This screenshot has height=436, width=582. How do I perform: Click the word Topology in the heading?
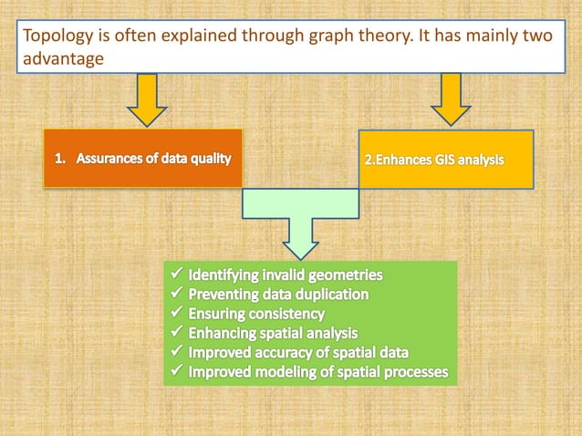[57, 38]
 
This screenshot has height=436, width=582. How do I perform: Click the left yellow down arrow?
[147, 99]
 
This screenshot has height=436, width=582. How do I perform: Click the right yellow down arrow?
[451, 99]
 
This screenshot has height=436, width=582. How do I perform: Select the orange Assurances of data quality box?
[142, 158]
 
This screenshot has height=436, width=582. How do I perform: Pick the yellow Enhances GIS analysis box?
[446, 159]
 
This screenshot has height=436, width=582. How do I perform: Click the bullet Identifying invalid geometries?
[286, 274]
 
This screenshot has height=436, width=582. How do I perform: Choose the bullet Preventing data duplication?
[278, 294]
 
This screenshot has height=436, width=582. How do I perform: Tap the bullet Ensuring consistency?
[256, 314]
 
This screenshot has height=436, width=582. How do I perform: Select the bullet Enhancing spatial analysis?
[273, 333]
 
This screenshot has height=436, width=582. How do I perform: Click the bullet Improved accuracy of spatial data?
[298, 352]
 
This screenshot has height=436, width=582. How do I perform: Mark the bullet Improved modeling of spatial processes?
[317, 372]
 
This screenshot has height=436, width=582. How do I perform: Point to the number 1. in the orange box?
[60, 158]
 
